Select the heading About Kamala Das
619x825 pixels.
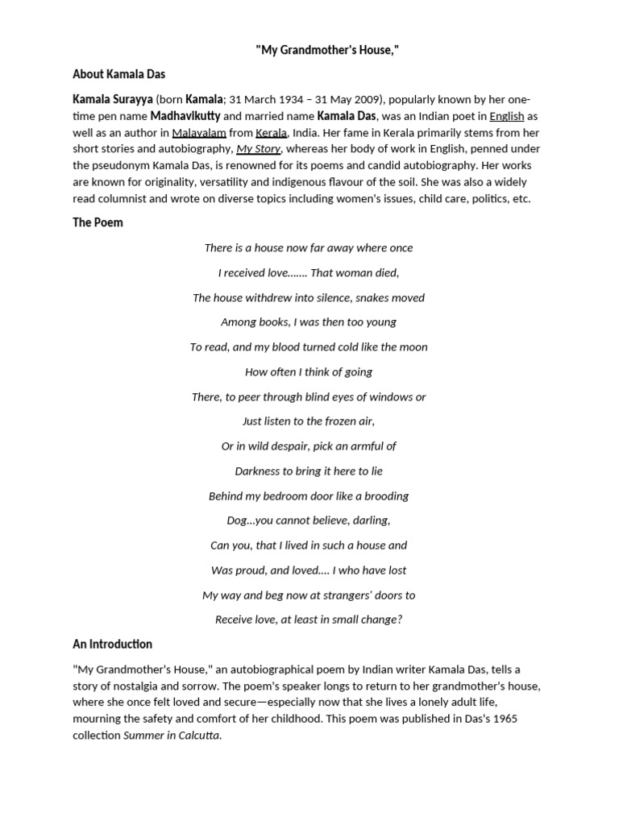(x=118, y=74)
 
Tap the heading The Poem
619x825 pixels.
(x=98, y=222)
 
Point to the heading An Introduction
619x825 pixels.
(x=112, y=644)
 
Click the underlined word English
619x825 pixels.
(x=507, y=116)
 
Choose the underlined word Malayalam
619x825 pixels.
(x=199, y=132)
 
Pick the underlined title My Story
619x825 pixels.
(x=258, y=149)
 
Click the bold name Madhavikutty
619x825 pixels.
(x=185, y=116)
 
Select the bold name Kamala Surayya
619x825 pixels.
(x=112, y=99)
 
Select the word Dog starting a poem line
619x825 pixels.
(x=238, y=520)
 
